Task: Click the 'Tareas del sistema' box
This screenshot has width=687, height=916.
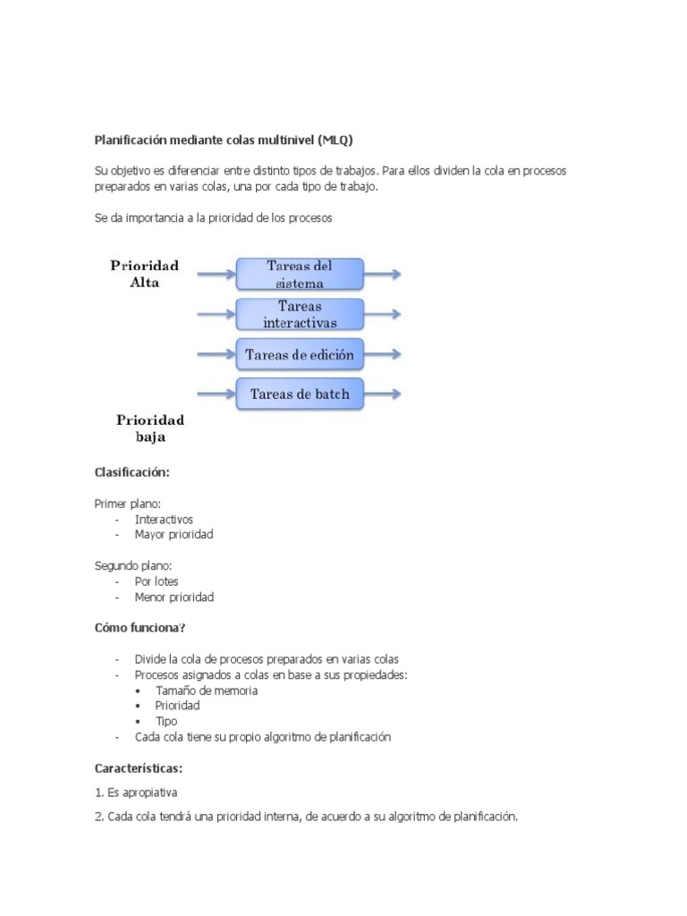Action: (x=300, y=274)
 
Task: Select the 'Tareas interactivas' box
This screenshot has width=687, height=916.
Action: (x=300, y=314)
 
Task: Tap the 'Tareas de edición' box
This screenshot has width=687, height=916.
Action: (x=300, y=354)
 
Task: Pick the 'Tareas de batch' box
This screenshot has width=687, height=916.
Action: (x=300, y=394)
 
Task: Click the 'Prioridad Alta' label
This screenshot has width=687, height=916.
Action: (x=144, y=273)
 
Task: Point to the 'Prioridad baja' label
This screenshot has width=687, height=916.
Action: (x=150, y=428)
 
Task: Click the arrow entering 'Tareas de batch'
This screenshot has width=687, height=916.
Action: (x=216, y=394)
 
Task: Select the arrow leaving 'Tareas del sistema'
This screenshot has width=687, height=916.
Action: (x=383, y=275)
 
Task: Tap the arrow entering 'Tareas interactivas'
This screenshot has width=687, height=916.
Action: (x=216, y=314)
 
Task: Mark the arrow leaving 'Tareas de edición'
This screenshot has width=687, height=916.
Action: (x=383, y=354)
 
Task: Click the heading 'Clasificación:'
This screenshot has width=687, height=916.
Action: (x=131, y=472)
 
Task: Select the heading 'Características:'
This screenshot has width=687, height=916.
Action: (x=139, y=768)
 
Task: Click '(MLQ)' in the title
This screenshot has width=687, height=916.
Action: (x=342, y=140)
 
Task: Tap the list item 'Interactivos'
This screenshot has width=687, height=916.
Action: (x=164, y=519)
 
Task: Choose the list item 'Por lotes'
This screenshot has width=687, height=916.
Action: (x=157, y=581)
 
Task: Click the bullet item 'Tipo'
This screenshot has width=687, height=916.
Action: (x=166, y=721)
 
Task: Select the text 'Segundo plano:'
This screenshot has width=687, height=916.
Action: (x=133, y=565)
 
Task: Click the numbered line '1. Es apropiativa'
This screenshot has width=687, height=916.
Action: (x=136, y=793)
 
